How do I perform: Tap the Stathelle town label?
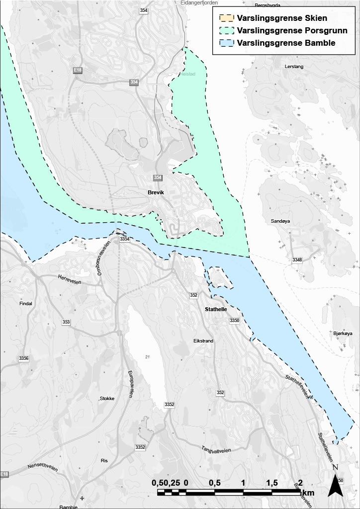click(x=216, y=309)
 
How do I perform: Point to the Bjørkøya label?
click(x=343, y=334)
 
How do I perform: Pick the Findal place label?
click(x=25, y=303)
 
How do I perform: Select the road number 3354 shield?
click(x=124, y=240)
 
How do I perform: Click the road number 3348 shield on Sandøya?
click(x=297, y=260)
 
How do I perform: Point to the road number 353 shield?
click(x=66, y=323)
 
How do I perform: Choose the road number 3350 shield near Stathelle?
click(x=234, y=321)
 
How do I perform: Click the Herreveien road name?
click(x=69, y=279)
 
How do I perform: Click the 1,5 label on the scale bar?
click(x=271, y=483)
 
